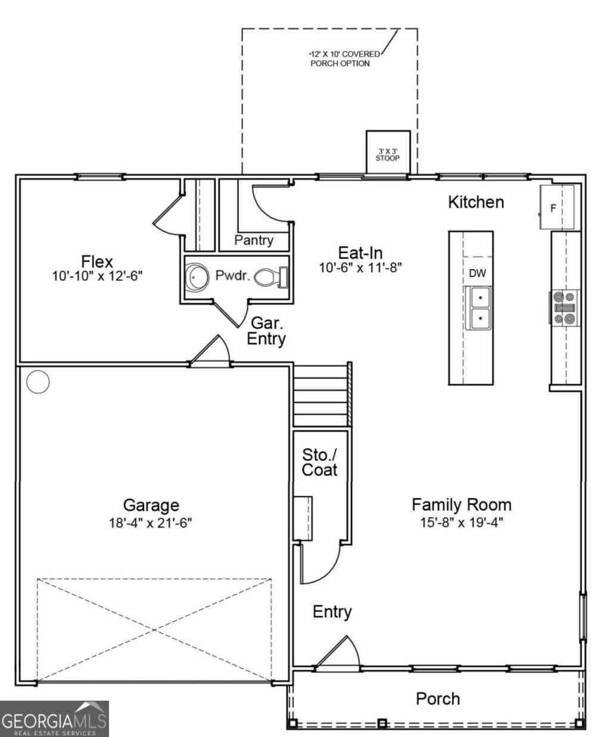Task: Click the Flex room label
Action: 97,262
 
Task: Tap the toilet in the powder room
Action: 272,277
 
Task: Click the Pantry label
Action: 254,240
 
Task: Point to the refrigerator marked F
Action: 557,207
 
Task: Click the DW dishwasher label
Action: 477,273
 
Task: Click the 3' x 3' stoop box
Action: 388,153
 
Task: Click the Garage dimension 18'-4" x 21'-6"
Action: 150,523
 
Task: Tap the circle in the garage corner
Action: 38,381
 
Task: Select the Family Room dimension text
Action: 462,523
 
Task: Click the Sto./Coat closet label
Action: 320,462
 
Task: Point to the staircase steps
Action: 322,394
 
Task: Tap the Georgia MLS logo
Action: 54,718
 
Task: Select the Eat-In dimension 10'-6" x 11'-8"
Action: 360,268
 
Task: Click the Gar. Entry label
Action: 266,331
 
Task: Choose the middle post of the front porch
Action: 382,723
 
